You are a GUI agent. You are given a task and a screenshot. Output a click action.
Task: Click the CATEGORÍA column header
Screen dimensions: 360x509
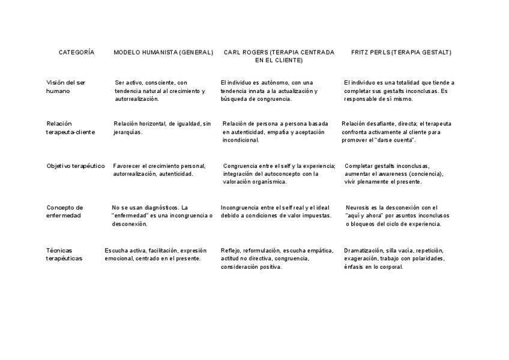point(76,53)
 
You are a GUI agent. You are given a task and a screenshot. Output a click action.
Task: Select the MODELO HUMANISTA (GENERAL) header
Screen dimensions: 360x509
point(163,53)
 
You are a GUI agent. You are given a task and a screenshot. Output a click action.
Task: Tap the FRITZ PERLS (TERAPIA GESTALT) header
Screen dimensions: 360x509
point(401,53)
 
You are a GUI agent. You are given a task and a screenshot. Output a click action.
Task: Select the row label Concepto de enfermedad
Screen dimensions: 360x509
point(64,211)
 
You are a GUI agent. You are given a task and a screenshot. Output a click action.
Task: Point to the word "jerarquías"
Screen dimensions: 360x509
point(127,132)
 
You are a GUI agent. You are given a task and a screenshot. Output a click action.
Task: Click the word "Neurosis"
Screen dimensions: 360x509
point(358,208)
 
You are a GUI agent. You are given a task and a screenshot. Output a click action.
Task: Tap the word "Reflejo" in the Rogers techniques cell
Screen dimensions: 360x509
point(230,250)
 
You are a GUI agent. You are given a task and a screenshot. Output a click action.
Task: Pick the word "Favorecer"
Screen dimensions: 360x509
point(127,166)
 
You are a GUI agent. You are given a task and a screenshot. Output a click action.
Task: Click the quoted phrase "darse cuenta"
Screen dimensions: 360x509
point(394,140)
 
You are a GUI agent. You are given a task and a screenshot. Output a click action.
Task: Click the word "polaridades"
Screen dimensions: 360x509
point(424,259)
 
